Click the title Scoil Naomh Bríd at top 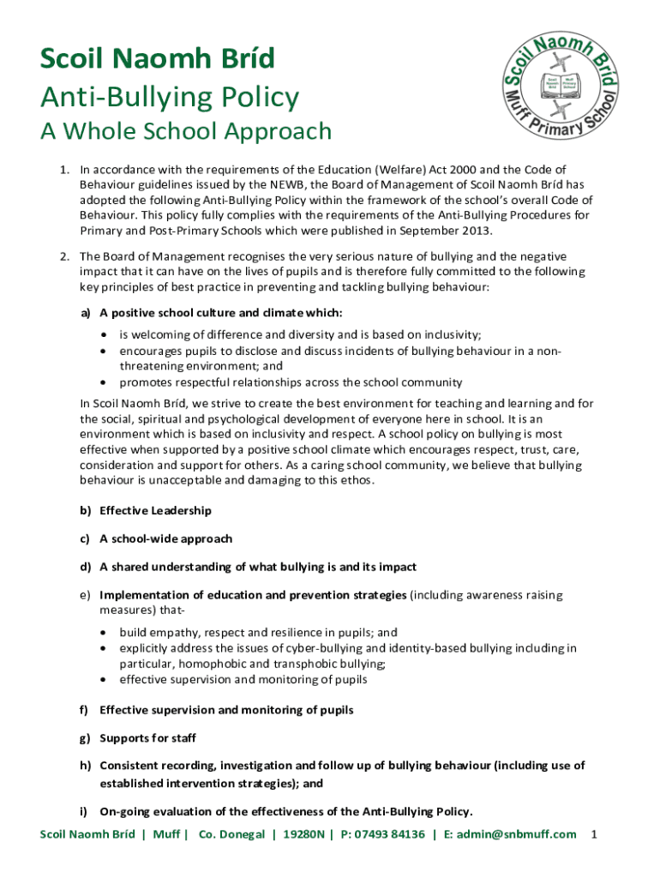(x=158, y=59)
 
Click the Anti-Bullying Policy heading (x=170, y=97)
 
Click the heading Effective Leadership (x=155, y=510)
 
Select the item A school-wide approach (x=166, y=538)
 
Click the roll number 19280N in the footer (x=303, y=834)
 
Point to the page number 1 (x=594, y=834)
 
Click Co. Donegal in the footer (x=231, y=834)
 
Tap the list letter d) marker (x=86, y=567)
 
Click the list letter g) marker (x=86, y=737)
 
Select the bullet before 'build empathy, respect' (x=104, y=632)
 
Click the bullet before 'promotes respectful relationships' (x=104, y=382)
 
